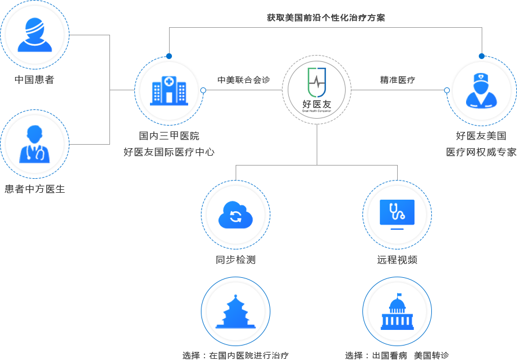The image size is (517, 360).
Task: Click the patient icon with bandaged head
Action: tap(34, 35)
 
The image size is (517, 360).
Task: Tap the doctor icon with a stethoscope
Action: tap(34, 144)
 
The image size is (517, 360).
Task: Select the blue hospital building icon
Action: tap(169, 90)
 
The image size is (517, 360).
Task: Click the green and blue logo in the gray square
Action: tap(317, 89)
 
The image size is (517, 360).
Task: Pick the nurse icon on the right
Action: tap(481, 91)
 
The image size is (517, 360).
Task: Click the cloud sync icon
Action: tap(236, 215)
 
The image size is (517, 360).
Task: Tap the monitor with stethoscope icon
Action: tap(397, 215)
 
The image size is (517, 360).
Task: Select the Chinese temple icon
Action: tap(236, 311)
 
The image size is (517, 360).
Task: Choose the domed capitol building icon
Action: tap(397, 311)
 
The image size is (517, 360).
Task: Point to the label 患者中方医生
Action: tap(35, 189)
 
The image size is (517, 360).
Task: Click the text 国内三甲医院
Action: tap(169, 137)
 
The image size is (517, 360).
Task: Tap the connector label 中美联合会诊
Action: tap(244, 80)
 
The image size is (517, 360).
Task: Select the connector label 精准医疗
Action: tap(397, 80)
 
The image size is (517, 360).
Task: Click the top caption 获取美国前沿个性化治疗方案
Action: tap(326, 18)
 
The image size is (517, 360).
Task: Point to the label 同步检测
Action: tap(235, 260)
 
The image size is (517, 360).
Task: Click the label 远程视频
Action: tap(397, 260)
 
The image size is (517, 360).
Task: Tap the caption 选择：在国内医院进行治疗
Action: tap(235, 355)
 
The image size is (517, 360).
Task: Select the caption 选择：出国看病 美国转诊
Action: tap(397, 355)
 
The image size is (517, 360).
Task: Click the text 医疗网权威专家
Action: tap(481, 152)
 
